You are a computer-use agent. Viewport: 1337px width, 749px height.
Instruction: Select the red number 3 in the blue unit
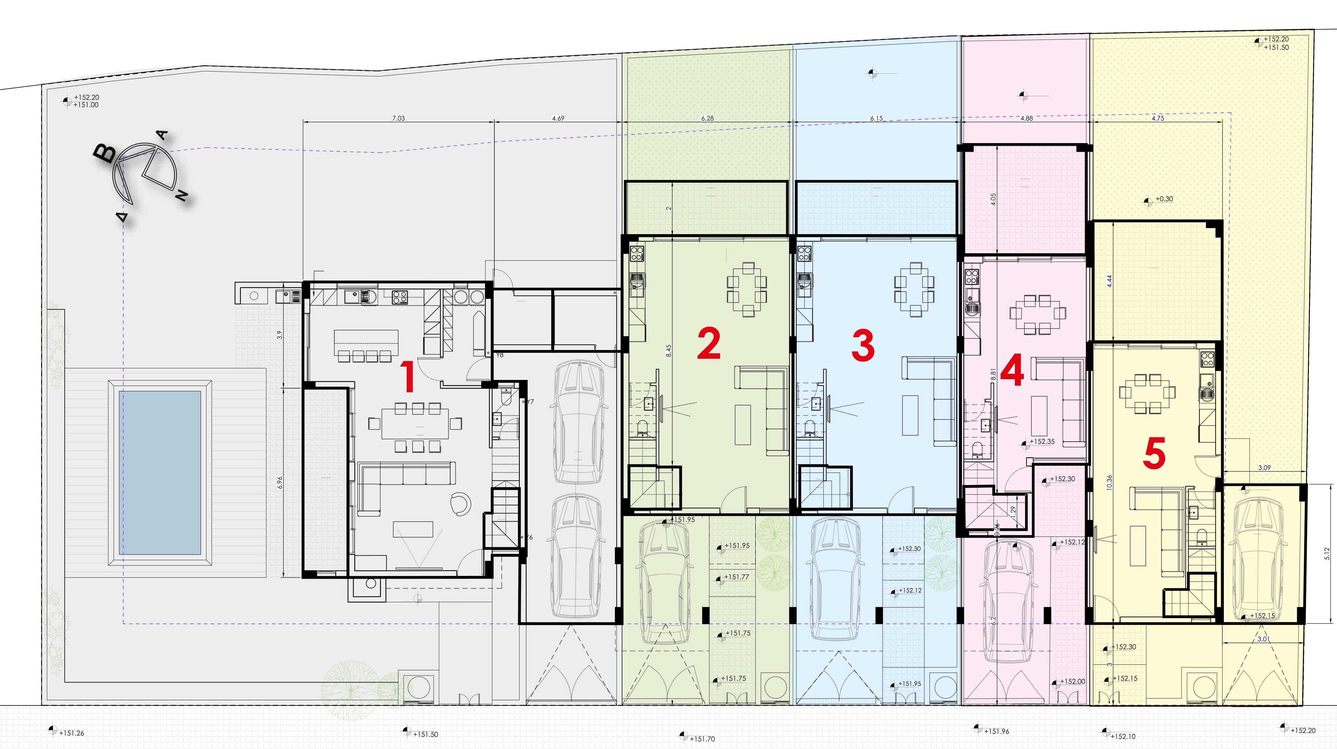[863, 346]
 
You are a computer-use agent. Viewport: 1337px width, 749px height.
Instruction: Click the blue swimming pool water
[160, 472]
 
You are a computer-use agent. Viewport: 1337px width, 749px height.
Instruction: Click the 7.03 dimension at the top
[398, 118]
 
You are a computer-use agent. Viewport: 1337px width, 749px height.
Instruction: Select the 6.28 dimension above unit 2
[707, 118]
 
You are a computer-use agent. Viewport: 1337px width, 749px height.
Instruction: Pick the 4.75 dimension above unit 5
[1157, 118]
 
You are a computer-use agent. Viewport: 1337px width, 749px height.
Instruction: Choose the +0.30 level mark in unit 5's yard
[1164, 199]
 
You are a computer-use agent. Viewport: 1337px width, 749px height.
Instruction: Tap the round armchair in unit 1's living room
[460, 504]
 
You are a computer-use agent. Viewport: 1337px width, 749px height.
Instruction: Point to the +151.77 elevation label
[736, 577]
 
